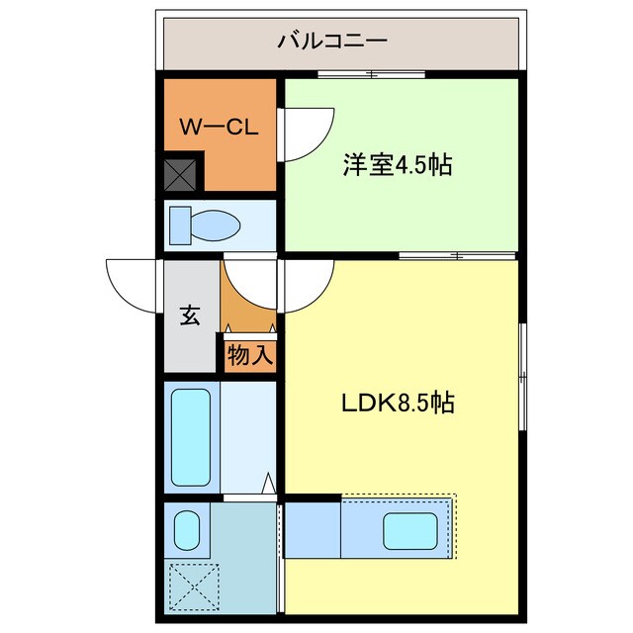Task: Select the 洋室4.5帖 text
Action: click(x=398, y=165)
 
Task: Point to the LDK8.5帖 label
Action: click(x=399, y=404)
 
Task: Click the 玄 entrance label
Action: click(x=189, y=316)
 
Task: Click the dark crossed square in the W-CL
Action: click(x=181, y=175)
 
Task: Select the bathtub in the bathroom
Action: click(x=191, y=435)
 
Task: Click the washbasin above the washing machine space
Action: click(x=185, y=530)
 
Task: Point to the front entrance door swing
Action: click(x=133, y=284)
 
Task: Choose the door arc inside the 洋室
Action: click(x=308, y=134)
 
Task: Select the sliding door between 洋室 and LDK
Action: click(x=456, y=256)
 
